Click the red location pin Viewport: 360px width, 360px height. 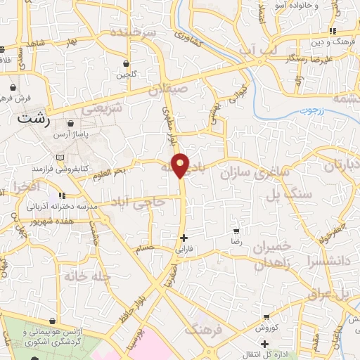181,165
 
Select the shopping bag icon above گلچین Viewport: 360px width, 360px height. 126,63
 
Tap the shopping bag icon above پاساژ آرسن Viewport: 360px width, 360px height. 70,123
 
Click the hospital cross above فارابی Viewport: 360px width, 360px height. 184,238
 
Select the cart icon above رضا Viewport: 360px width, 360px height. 237,230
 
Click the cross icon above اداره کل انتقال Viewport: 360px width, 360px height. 264,344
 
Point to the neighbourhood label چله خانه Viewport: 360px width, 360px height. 88,276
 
